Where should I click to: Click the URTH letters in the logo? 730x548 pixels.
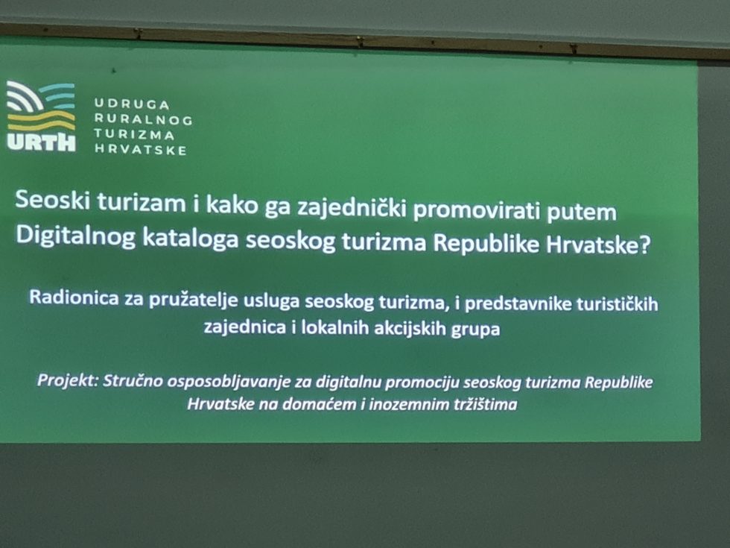click(42, 142)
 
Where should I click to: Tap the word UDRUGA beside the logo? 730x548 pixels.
click(132, 104)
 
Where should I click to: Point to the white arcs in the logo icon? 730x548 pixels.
click(24, 97)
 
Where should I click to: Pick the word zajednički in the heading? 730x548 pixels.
click(349, 208)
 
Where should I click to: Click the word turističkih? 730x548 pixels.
click(617, 304)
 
